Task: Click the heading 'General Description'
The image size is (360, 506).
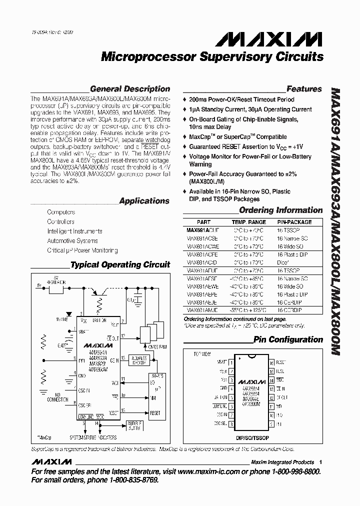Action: click(130, 89)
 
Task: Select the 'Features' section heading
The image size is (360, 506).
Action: click(304, 89)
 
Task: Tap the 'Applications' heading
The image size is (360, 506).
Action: click(144, 201)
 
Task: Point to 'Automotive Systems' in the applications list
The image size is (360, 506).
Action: click(72, 241)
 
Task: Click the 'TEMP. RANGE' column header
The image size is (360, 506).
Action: click(248, 222)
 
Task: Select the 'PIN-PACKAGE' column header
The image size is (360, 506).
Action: click(294, 222)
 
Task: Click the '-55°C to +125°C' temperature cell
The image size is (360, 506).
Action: click(248, 310)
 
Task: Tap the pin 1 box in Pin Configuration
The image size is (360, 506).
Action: click(231, 361)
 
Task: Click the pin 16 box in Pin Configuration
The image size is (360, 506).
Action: click(271, 361)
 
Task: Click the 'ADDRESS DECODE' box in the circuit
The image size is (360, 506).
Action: click(138, 361)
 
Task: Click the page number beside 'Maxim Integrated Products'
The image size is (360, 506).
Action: click(320, 462)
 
